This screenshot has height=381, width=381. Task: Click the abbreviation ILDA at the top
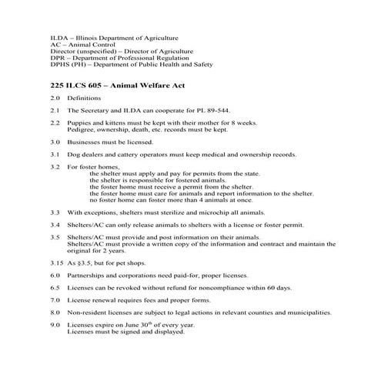[58, 37]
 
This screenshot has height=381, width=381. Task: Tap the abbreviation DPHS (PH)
[66, 65]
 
